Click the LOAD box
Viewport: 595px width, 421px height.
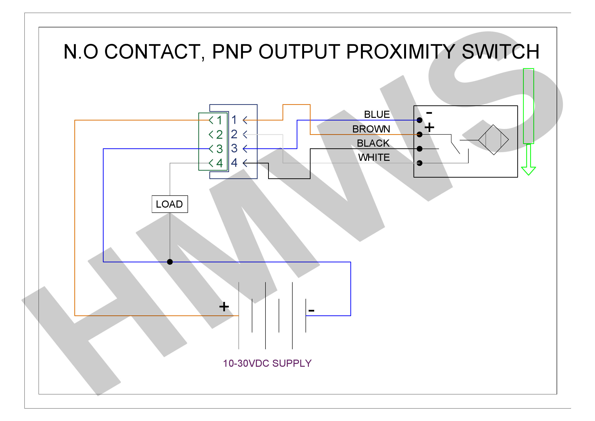(170, 204)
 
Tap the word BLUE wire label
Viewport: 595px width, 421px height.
(377, 114)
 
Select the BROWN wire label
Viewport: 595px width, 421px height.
(371, 129)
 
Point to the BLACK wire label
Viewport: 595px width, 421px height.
(373, 143)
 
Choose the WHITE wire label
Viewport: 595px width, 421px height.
(374, 157)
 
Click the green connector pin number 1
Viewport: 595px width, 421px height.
(219, 120)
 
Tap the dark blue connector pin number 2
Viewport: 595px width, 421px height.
(234, 134)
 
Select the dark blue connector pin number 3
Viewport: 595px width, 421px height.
(234, 148)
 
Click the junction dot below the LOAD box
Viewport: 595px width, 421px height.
(170, 262)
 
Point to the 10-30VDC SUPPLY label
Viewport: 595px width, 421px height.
(267, 363)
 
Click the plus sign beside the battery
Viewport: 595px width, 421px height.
(224, 307)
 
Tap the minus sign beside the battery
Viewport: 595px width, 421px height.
(311, 311)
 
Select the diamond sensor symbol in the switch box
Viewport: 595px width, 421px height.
(493, 140)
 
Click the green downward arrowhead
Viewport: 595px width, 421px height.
(528, 171)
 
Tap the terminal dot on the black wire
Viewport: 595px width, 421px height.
(419, 149)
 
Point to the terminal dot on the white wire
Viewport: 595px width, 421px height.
(419, 163)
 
